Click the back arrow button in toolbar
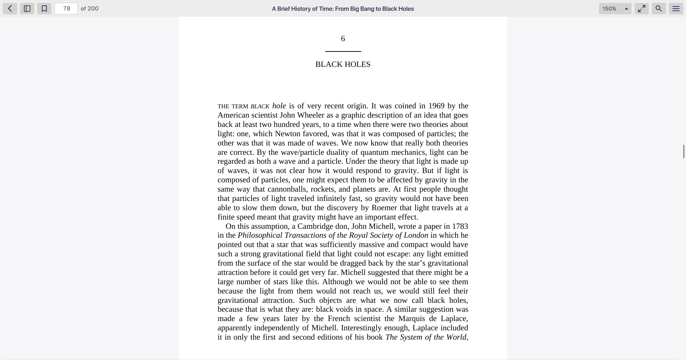(x=10, y=9)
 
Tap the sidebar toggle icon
(x=27, y=9)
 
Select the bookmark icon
(x=44, y=9)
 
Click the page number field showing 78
(x=66, y=9)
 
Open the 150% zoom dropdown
(x=615, y=9)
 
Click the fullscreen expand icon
(x=642, y=9)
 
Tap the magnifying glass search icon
(x=659, y=9)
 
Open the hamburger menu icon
(x=676, y=9)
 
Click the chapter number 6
(x=343, y=39)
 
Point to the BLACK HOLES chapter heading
(x=343, y=64)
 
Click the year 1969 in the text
(x=436, y=106)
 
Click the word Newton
(x=288, y=134)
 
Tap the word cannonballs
(x=288, y=189)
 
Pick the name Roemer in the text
(x=384, y=208)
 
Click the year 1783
(x=460, y=226)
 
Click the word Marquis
(x=412, y=319)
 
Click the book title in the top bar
(x=343, y=9)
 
